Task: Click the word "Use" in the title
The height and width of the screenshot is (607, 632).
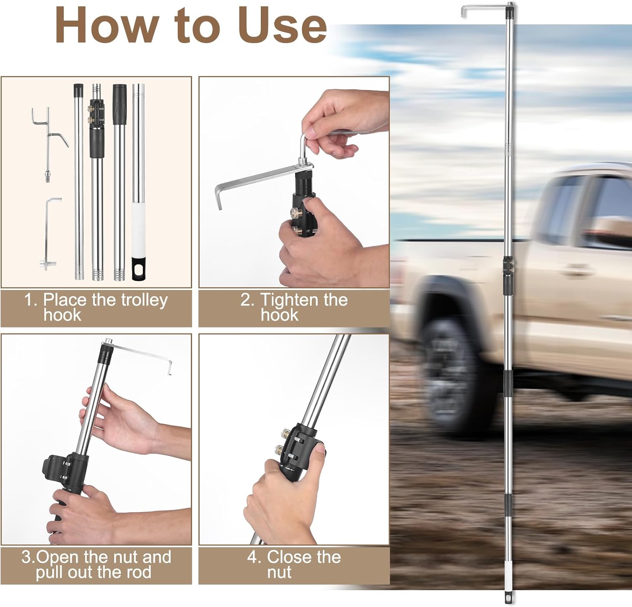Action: tap(282, 25)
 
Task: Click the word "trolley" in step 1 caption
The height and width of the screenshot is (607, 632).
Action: tap(144, 300)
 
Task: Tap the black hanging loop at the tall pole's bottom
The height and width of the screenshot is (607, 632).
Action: tap(509, 598)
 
